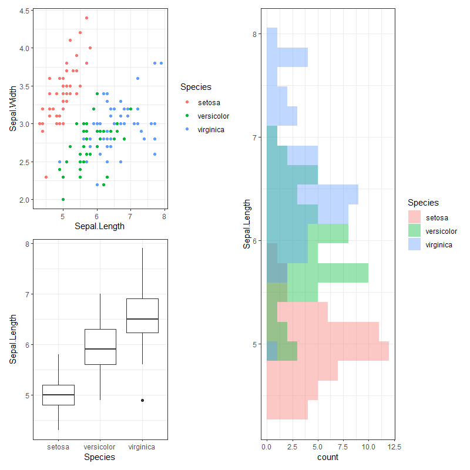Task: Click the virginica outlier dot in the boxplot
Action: pos(142,400)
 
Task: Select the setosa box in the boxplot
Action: pos(58,395)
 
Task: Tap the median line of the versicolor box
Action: pos(100,349)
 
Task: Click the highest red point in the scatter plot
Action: pos(86,18)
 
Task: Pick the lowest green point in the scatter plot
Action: pos(63,199)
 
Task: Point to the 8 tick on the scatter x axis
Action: pos(164,217)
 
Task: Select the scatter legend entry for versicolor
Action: pos(213,116)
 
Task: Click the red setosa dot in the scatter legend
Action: pos(187,103)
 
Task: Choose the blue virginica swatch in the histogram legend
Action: pos(415,244)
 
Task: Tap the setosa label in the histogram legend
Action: pos(437,218)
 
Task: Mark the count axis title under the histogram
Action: pos(328,456)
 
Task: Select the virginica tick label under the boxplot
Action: pos(142,446)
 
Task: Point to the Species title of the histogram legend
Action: pos(423,203)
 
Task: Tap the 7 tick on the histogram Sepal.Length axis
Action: pos(255,137)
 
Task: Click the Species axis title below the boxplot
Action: pos(100,456)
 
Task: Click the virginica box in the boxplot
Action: pos(142,315)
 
